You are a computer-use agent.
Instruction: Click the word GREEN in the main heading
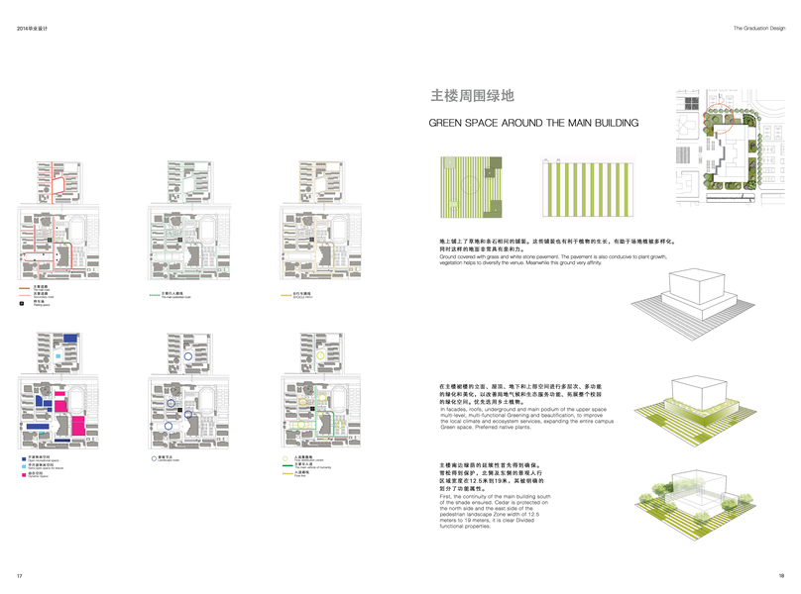click(449, 124)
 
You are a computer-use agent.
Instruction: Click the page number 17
click(19, 575)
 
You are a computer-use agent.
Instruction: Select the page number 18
click(781, 575)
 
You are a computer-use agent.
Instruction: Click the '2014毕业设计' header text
click(33, 28)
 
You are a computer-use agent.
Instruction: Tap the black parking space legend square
click(23, 306)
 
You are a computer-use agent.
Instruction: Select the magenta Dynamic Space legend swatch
click(22, 474)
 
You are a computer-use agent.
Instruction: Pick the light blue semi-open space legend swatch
click(22, 466)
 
